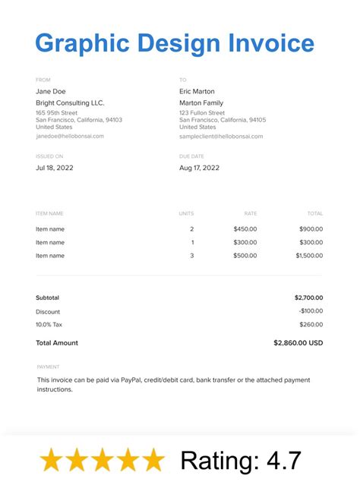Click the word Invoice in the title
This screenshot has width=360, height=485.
(x=271, y=43)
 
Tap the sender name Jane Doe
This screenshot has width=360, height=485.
(x=51, y=92)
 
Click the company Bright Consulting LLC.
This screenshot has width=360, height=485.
(x=70, y=103)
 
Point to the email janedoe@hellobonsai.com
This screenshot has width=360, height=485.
(x=70, y=137)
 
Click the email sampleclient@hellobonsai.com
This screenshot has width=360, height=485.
(x=221, y=137)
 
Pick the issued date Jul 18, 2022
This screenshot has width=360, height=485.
(x=55, y=168)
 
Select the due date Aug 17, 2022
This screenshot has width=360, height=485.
(x=199, y=168)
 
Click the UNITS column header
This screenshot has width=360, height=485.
(x=186, y=214)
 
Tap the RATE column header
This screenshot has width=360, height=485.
(x=250, y=214)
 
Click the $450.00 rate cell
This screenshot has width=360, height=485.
(x=245, y=229)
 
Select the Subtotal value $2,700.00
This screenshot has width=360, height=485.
(x=308, y=298)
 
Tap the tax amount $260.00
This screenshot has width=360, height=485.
(x=311, y=325)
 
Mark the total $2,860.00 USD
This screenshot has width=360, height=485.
(x=298, y=343)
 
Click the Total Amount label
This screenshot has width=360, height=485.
(x=57, y=343)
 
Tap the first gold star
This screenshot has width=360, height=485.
(x=52, y=460)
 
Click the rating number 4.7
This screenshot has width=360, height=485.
(x=286, y=460)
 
